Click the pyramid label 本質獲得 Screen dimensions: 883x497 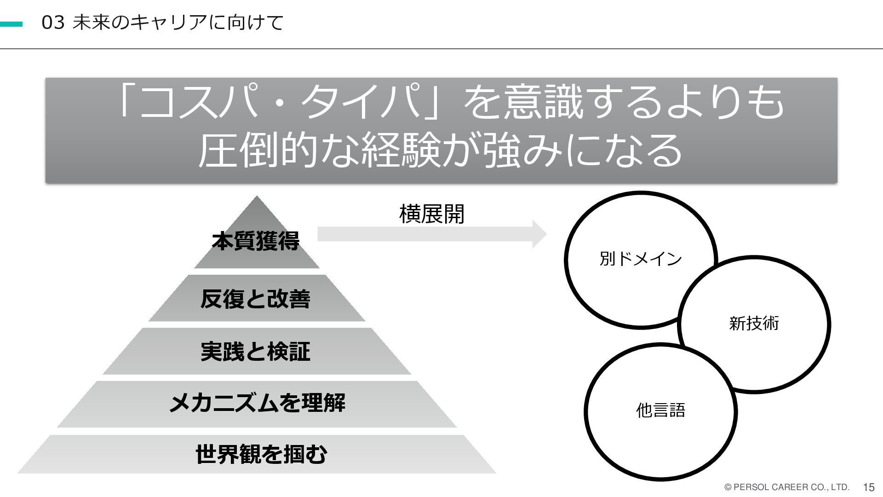(256, 241)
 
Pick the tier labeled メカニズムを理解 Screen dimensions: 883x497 (257, 404)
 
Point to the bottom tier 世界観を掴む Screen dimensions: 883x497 (261, 455)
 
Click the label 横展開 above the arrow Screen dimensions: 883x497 (432, 214)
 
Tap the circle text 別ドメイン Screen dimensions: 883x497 (641, 259)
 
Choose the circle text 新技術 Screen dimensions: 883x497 (754, 324)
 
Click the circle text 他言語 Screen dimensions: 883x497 (660, 410)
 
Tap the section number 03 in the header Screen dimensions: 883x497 (52, 23)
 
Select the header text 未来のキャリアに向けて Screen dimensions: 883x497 (178, 23)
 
